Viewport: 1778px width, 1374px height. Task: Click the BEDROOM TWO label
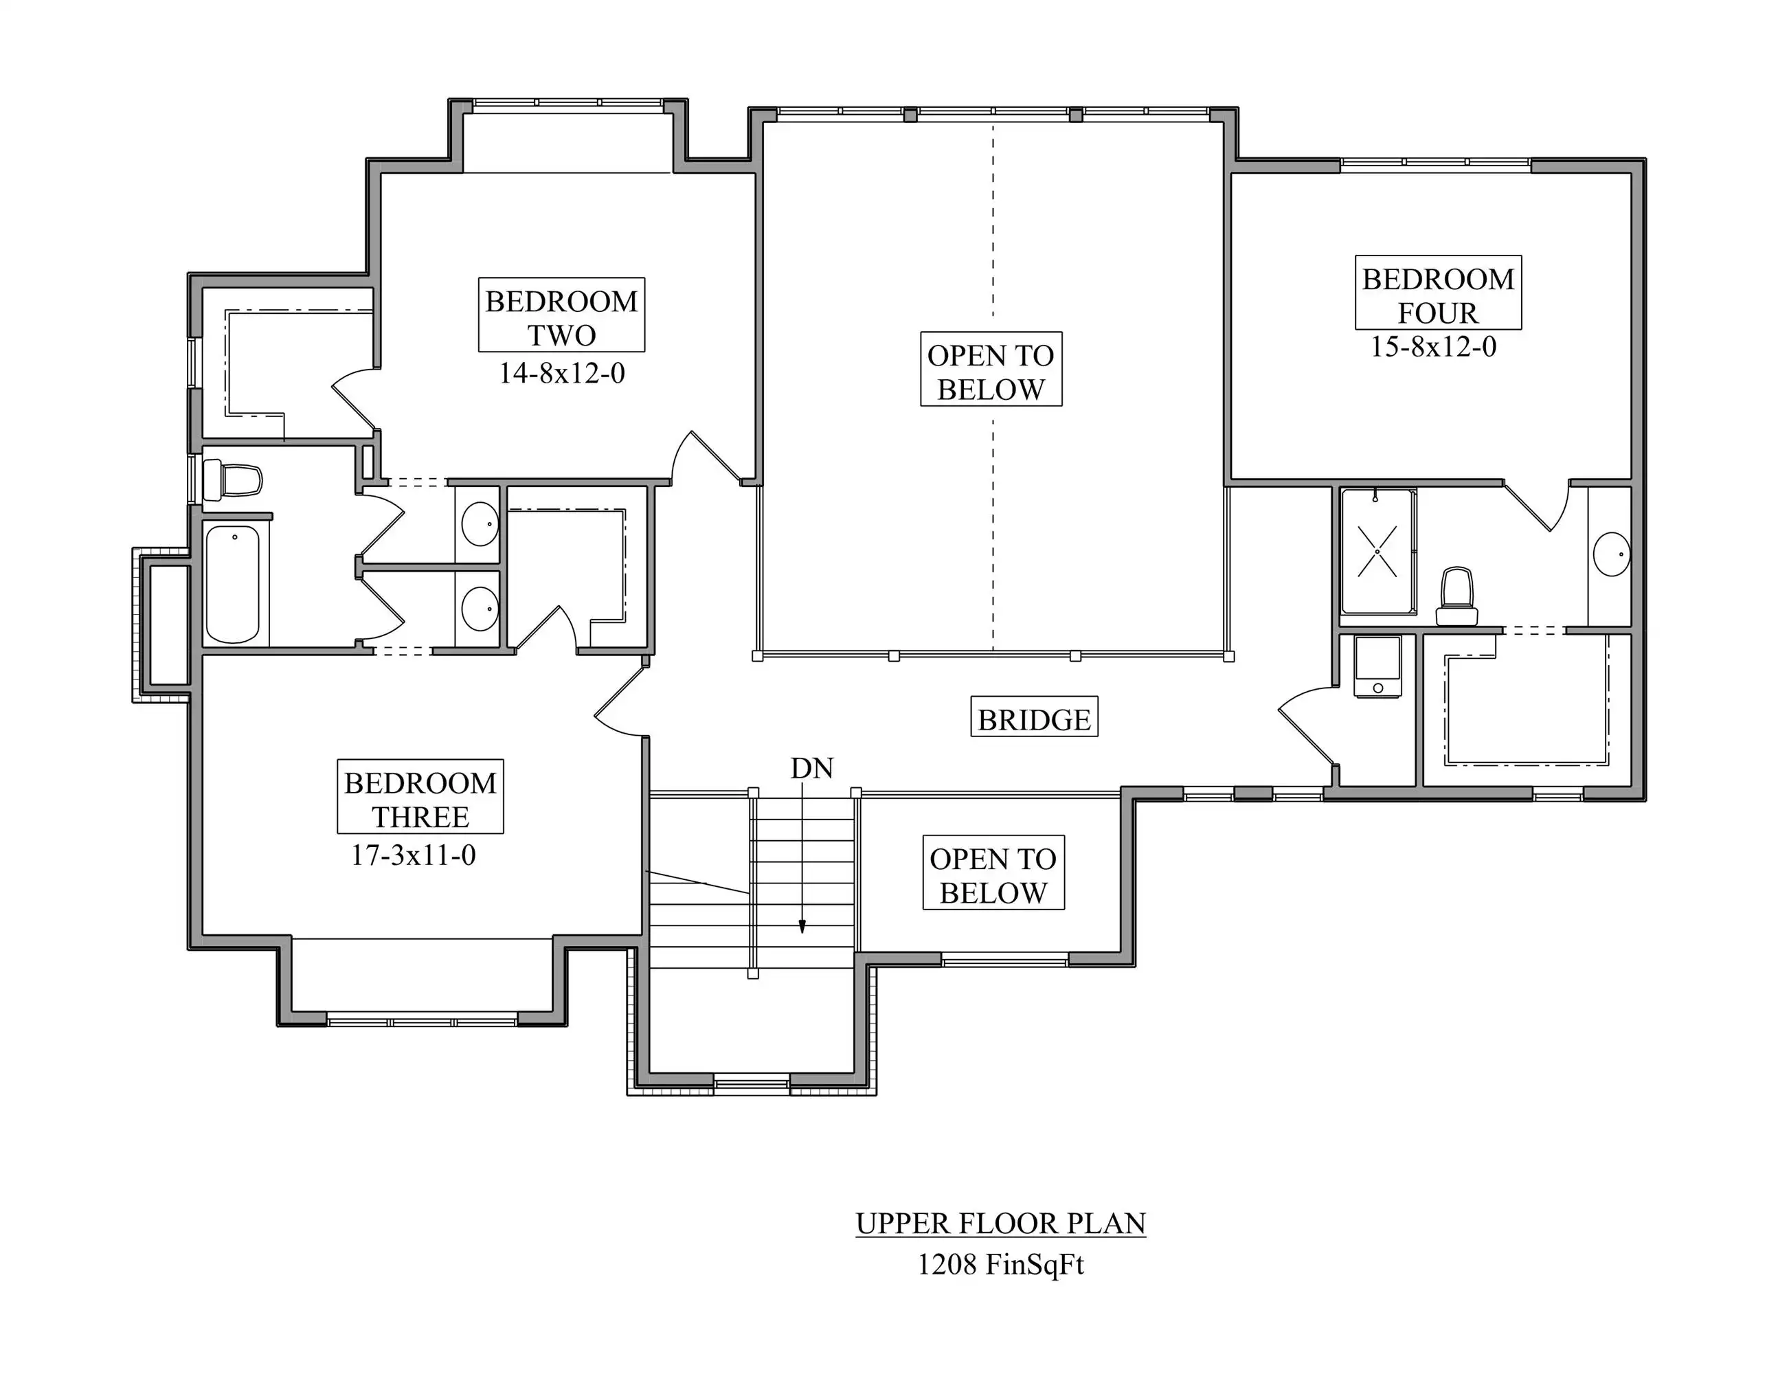pyautogui.click(x=562, y=317)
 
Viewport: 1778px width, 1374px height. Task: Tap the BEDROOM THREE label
pyautogui.click(x=420, y=800)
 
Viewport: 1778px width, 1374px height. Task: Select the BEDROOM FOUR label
pyautogui.click(x=1439, y=295)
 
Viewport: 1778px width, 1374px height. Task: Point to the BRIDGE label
pyautogui.click(x=1034, y=719)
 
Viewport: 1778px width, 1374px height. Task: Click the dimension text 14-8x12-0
pyautogui.click(x=562, y=373)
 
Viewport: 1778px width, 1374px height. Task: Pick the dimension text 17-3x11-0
pyautogui.click(x=414, y=855)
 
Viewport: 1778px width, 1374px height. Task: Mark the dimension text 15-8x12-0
pyautogui.click(x=1434, y=347)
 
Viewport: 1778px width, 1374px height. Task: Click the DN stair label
pyautogui.click(x=811, y=767)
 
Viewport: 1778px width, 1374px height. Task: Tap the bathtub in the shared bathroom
pyautogui.click(x=233, y=584)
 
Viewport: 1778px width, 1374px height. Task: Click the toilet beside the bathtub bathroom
pyautogui.click(x=233, y=480)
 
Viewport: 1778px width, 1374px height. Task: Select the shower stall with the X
pyautogui.click(x=1377, y=551)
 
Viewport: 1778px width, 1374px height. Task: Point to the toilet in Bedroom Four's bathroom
pyautogui.click(x=1457, y=596)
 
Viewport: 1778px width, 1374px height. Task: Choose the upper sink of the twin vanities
pyautogui.click(x=480, y=523)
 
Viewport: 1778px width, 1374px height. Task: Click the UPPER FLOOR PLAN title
pyautogui.click(x=1000, y=1224)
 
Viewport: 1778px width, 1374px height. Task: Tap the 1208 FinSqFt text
pyautogui.click(x=1000, y=1264)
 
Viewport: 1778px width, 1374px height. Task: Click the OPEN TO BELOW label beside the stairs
pyautogui.click(x=993, y=876)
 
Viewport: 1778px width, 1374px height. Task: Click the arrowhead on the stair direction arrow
pyautogui.click(x=802, y=926)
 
